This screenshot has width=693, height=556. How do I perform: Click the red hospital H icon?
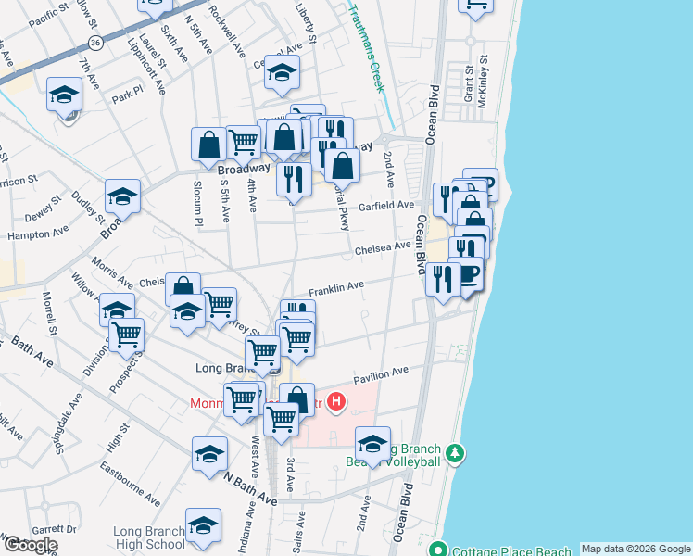pyautogui.click(x=337, y=403)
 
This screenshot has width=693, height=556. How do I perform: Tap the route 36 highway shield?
pyautogui.click(x=97, y=44)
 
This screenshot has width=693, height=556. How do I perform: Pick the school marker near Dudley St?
pyautogui.click(x=122, y=196)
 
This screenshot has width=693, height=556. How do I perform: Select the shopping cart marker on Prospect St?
pyautogui.click(x=127, y=334)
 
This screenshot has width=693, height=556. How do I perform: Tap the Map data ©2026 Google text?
pyautogui.click(x=636, y=549)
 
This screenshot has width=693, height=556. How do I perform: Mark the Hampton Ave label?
pyautogui.click(x=38, y=234)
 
